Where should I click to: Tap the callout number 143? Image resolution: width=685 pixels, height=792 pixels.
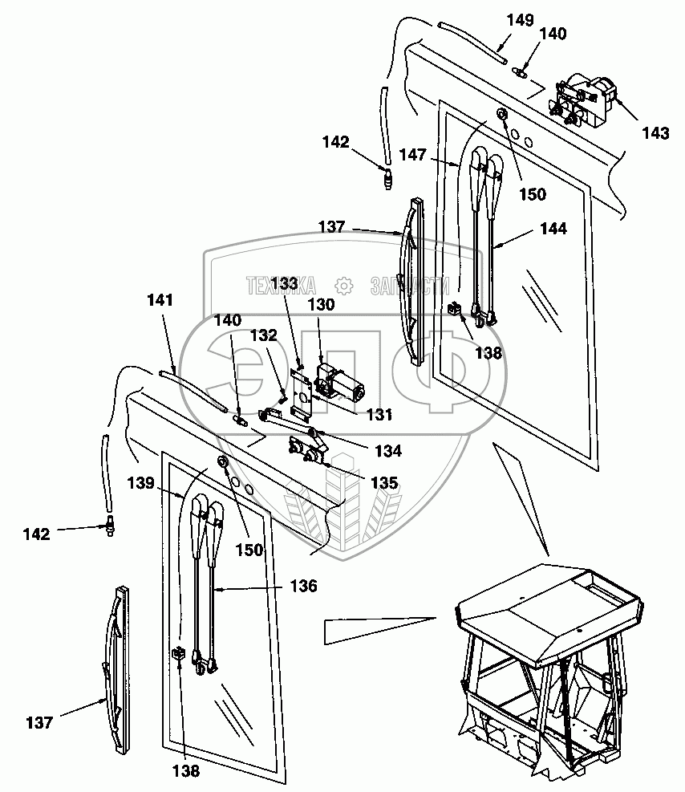tap(655, 132)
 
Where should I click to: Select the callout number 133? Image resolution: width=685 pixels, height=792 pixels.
tap(284, 283)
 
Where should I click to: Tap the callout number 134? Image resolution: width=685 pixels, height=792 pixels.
tap(387, 451)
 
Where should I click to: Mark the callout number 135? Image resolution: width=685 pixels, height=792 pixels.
tap(383, 484)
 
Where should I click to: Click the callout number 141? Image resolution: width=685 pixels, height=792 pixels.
tap(160, 300)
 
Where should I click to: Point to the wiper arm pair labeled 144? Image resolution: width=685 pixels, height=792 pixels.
tap(485, 237)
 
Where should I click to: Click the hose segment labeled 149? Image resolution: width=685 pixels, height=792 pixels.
tap(472, 39)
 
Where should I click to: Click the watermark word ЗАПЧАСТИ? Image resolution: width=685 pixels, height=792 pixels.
tap(407, 286)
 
